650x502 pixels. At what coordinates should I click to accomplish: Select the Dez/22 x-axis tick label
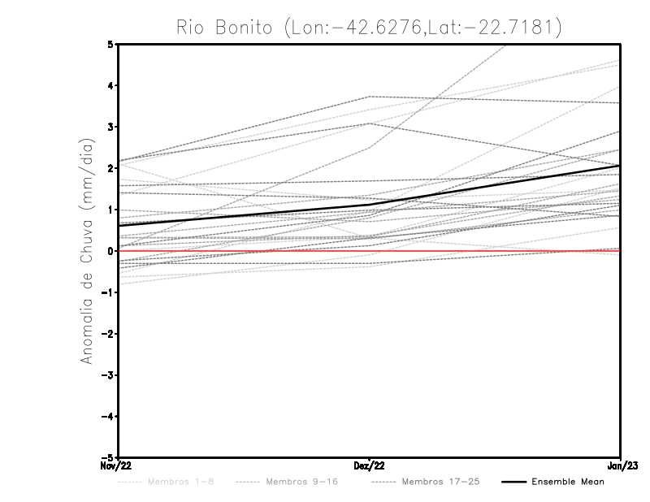click(370, 465)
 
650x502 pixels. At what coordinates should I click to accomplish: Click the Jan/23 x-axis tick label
click(620, 465)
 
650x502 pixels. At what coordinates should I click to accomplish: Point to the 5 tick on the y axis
click(110, 44)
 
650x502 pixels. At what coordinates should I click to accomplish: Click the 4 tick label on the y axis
click(110, 85)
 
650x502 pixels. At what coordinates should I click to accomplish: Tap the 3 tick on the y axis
click(110, 127)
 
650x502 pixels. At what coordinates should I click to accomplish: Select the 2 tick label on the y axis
click(110, 168)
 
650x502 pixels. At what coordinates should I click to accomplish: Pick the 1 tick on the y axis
click(110, 210)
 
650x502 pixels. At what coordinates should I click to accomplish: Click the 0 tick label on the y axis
click(110, 251)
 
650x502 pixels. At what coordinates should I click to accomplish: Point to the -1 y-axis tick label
click(108, 292)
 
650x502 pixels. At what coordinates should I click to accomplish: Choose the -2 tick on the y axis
click(108, 334)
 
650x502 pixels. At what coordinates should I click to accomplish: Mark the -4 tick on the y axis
click(108, 416)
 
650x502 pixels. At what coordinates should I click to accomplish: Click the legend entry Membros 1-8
click(180, 482)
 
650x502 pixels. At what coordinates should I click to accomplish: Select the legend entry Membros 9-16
click(301, 482)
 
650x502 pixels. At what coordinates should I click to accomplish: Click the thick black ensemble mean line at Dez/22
click(370, 205)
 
